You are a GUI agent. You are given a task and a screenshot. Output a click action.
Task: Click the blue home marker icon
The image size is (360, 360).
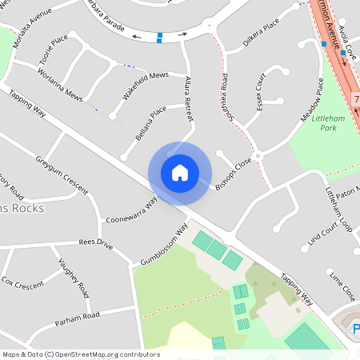coord(180,173)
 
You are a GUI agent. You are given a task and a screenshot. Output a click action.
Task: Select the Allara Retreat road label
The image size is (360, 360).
coord(189,100)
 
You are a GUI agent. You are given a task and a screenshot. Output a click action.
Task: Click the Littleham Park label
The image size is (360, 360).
coord(328,122)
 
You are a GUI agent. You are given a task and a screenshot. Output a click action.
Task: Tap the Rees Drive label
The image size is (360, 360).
coord(94,243)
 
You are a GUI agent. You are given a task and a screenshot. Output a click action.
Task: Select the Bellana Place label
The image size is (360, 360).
coord(150,126)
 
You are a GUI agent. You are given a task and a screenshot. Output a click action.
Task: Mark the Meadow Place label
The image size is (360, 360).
coord(311,98)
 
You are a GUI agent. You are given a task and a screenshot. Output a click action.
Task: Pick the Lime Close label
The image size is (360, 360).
coord(342,286)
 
